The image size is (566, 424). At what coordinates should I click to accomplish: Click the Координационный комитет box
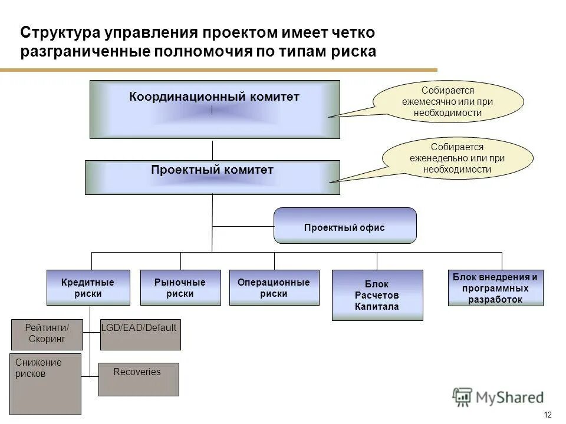click(x=215, y=110)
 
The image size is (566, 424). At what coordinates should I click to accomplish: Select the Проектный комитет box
click(x=212, y=177)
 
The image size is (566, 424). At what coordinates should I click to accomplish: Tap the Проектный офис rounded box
click(x=345, y=226)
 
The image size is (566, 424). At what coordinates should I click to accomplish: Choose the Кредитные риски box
click(x=88, y=287)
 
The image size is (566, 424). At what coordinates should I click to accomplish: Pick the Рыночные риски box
click(x=180, y=287)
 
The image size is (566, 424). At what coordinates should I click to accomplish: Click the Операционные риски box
click(x=274, y=287)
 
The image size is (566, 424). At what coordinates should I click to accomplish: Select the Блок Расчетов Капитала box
click(x=377, y=295)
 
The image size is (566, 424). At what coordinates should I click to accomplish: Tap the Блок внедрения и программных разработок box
click(x=495, y=288)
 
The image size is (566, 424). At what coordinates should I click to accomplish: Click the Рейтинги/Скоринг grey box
click(x=47, y=334)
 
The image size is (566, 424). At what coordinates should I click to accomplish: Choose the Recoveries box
click(x=138, y=379)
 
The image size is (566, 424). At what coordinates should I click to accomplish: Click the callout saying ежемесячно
click(x=447, y=101)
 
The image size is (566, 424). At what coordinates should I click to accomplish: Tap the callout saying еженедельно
click(x=458, y=158)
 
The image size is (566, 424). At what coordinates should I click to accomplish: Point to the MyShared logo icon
click(x=462, y=397)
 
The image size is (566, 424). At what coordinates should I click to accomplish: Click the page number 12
click(x=548, y=414)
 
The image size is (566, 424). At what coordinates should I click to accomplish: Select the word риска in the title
click(x=352, y=51)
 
